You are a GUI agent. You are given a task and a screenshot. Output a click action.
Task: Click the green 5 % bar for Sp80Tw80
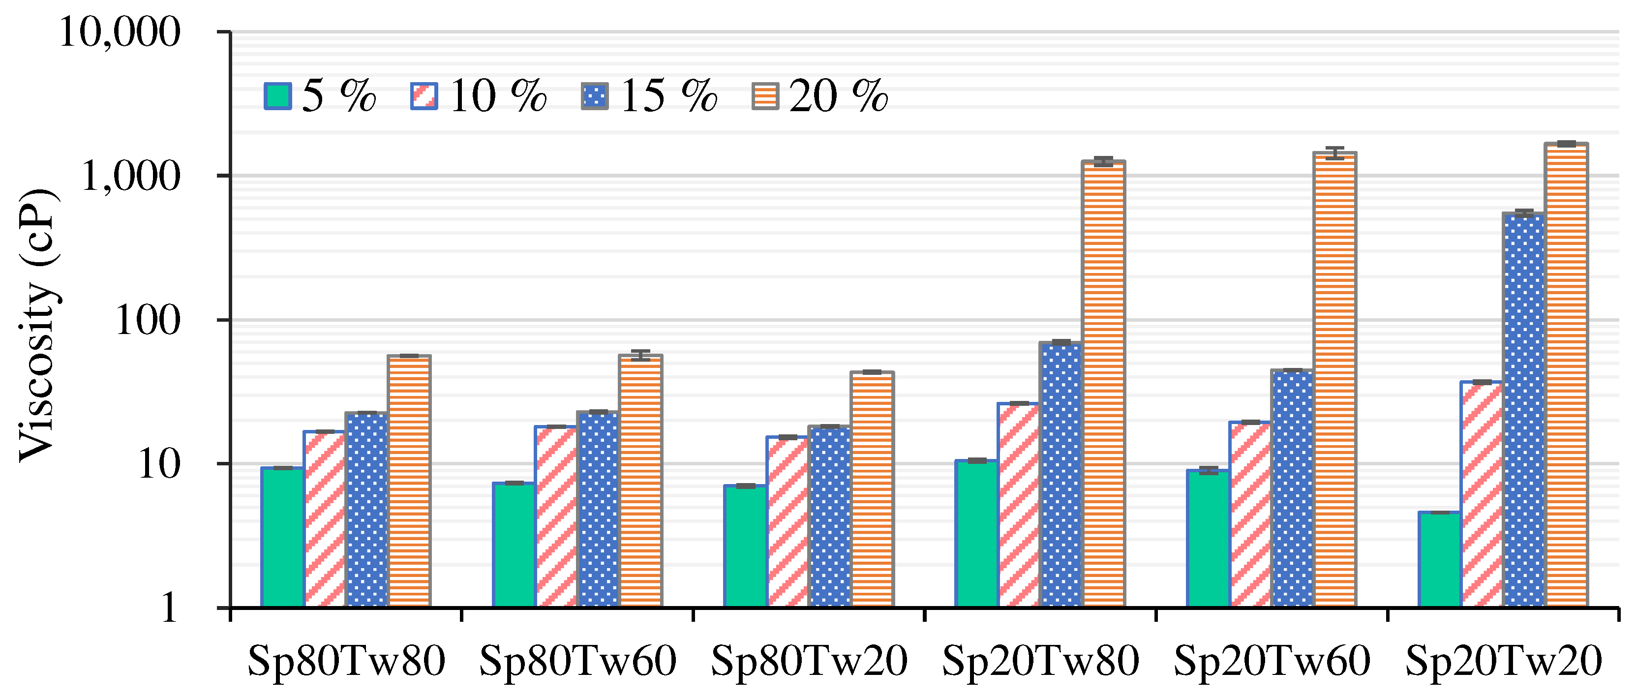click(x=282, y=537)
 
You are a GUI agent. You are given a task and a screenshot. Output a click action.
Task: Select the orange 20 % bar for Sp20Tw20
click(x=1566, y=375)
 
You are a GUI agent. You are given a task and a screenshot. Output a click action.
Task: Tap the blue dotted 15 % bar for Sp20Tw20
click(x=1523, y=410)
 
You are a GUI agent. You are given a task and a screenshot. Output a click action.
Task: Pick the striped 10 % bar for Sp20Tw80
click(x=1019, y=505)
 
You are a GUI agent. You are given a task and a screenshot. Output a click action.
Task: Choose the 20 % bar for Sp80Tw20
click(x=873, y=489)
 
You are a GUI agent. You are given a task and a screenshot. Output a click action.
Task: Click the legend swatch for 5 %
click(x=277, y=96)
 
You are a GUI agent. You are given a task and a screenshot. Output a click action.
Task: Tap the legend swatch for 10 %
click(x=424, y=96)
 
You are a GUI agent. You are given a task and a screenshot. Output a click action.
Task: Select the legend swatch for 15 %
click(x=595, y=96)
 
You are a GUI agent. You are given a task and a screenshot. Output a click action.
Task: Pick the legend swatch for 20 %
click(x=765, y=96)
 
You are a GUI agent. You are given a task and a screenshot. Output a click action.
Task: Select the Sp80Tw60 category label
click(x=577, y=661)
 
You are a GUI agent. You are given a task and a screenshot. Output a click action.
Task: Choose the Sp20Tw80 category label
click(x=1040, y=661)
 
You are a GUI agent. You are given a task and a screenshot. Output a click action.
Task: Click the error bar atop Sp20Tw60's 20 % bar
click(x=1335, y=152)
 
